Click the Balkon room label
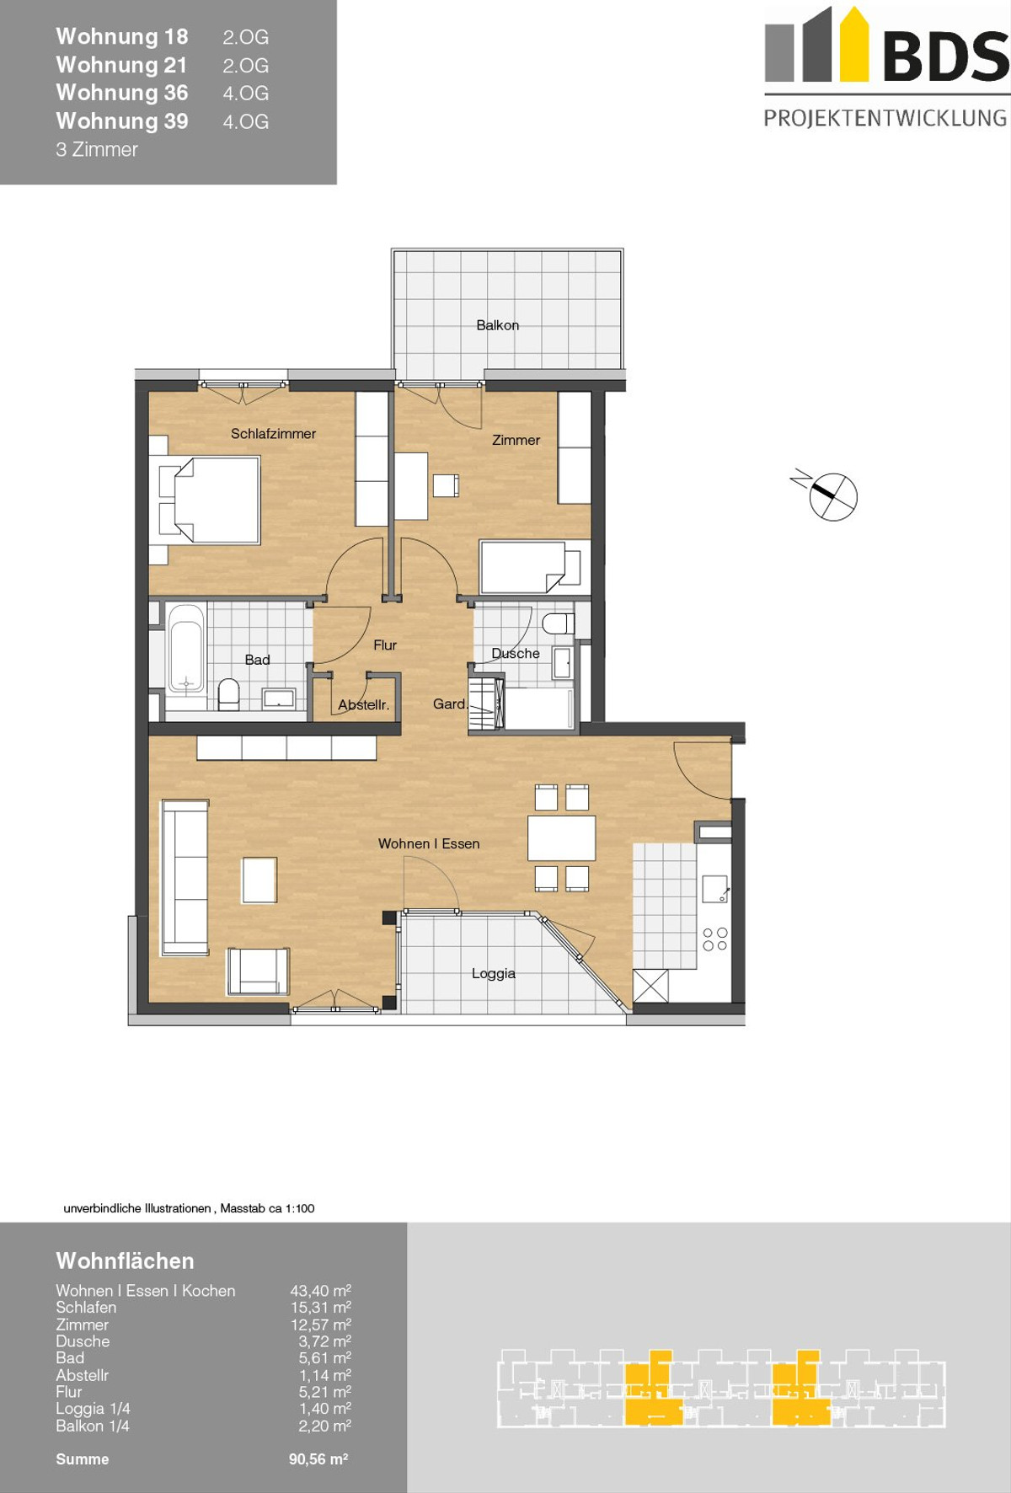click(x=497, y=325)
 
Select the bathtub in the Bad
click(x=186, y=647)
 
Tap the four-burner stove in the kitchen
click(x=714, y=939)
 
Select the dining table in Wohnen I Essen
click(x=562, y=837)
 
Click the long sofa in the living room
click(x=185, y=877)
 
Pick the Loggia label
click(x=494, y=973)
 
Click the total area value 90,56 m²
click(x=318, y=1459)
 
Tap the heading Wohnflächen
click(x=125, y=1260)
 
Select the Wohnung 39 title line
click(x=122, y=121)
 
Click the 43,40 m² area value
click(x=321, y=1291)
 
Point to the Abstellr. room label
click(x=364, y=705)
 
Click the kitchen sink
click(x=714, y=889)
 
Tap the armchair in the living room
click(x=259, y=971)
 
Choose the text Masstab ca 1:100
click(x=267, y=1208)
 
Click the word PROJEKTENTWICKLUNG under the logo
click(x=885, y=118)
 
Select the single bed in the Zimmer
click(x=531, y=567)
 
